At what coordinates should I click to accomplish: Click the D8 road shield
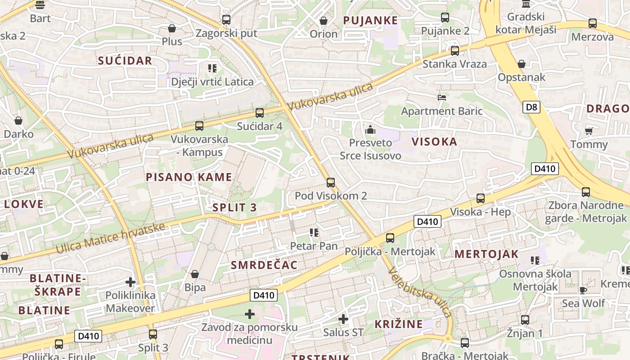coord(531,107)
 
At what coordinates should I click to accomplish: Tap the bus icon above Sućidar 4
coord(259,113)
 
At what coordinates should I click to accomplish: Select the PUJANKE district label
coord(370,20)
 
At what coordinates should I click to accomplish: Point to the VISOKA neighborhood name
coord(434,142)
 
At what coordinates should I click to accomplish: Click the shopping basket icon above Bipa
coord(195,274)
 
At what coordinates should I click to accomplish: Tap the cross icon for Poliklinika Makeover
coord(130,282)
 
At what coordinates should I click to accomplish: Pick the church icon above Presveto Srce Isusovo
coord(370,130)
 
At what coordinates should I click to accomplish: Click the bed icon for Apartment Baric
coord(442,97)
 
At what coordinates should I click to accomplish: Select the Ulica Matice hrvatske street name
coord(110,237)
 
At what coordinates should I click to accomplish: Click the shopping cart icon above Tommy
coord(589,131)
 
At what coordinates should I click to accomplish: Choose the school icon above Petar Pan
coord(314,233)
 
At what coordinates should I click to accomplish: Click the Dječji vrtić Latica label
coord(212,82)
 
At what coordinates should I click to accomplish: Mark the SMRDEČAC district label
coord(264,265)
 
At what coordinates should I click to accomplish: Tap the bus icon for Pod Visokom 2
coord(331,182)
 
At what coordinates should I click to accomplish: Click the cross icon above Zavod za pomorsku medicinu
coord(250,314)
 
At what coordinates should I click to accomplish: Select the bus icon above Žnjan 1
coord(525,320)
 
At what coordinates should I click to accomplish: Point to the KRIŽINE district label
coord(399,324)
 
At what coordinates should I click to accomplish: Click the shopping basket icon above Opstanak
coord(521,64)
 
